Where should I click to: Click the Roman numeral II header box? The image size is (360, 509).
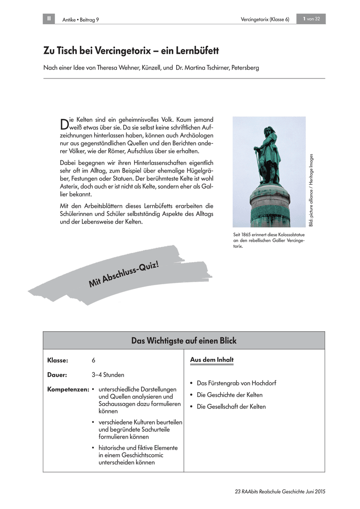click(x=49, y=19)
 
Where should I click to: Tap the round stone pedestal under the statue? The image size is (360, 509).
click(x=269, y=204)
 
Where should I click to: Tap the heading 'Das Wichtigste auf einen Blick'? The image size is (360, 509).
click(x=184, y=341)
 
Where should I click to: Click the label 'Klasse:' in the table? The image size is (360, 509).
click(x=58, y=360)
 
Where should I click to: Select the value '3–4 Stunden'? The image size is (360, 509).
click(x=108, y=375)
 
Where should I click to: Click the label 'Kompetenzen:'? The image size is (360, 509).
click(x=68, y=389)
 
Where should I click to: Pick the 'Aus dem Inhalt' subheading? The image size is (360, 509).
click(x=212, y=360)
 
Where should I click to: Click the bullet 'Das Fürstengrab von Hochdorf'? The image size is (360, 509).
click(x=236, y=383)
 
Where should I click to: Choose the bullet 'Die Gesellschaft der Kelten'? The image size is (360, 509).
click(x=231, y=406)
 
